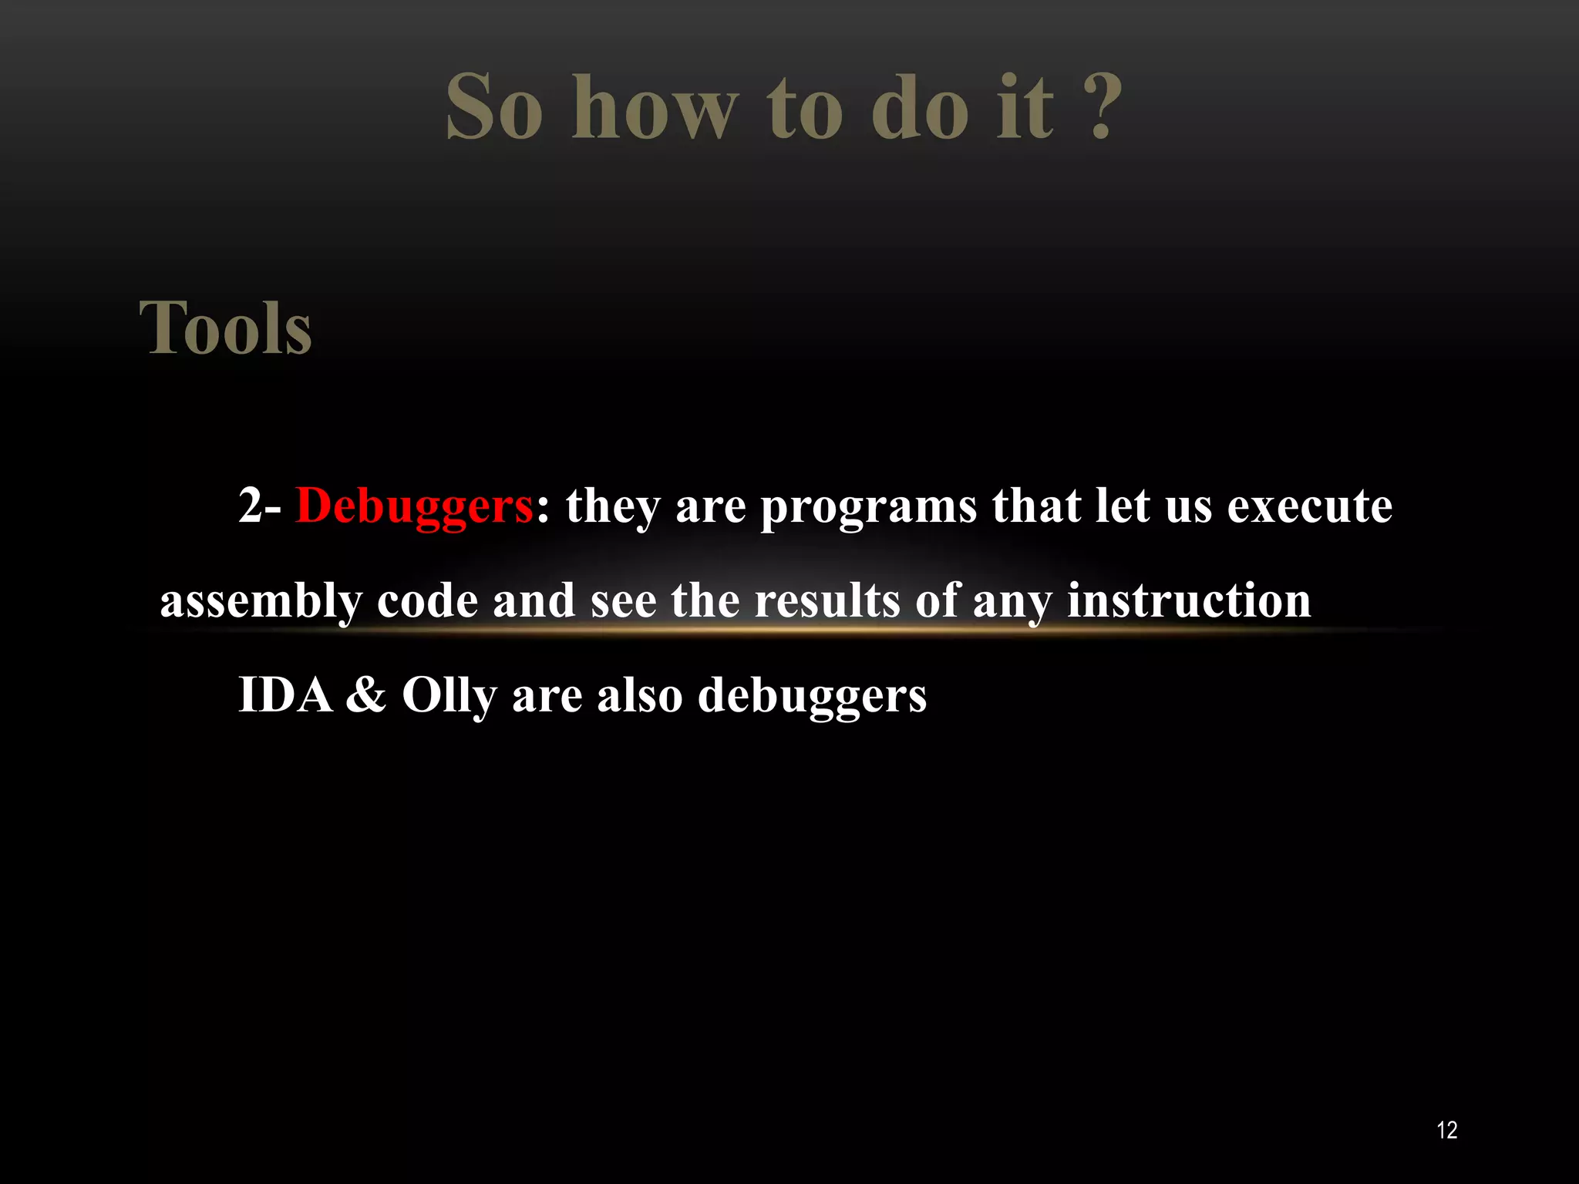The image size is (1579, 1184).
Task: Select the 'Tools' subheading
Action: point(226,328)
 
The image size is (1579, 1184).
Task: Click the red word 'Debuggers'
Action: point(414,507)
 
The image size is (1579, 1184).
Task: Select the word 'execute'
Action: point(1309,507)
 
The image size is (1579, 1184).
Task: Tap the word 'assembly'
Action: point(261,603)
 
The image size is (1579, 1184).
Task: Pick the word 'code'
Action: point(427,601)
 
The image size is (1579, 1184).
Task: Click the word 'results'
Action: point(827,601)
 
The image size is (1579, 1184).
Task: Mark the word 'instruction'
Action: point(1189,601)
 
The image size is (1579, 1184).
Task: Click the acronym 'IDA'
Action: point(285,695)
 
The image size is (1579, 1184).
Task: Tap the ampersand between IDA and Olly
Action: point(366,695)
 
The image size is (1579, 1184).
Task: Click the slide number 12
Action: point(1447,1131)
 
